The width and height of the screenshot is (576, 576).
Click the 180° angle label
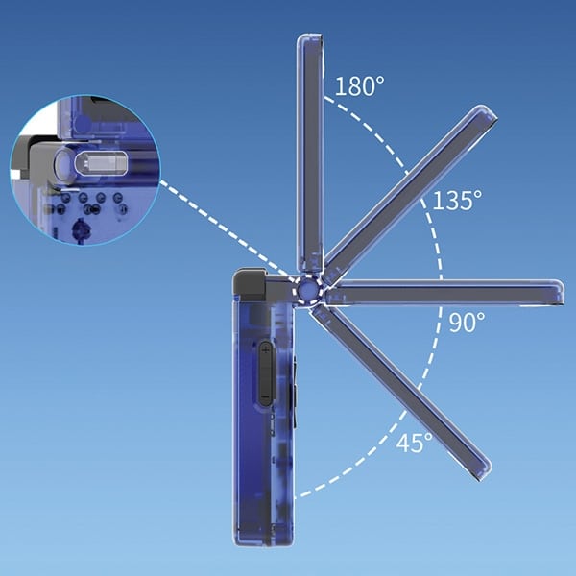point(360,86)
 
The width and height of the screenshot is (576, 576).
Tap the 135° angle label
point(457,201)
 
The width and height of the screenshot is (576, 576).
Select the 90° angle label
point(467,322)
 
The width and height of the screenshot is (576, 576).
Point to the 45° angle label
point(415,442)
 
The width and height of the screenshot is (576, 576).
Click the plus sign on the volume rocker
point(266,350)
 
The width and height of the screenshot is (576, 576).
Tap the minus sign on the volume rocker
point(265,397)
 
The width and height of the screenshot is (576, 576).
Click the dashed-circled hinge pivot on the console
point(307,290)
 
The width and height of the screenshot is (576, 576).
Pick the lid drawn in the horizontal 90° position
point(444,293)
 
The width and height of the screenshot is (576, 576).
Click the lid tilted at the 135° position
point(410,194)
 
